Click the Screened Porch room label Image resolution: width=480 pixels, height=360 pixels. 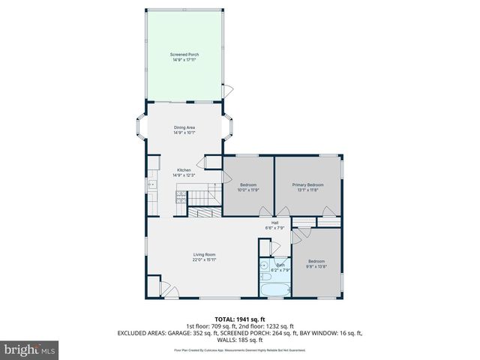tap(184, 55)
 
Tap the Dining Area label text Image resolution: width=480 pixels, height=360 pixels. tap(184, 128)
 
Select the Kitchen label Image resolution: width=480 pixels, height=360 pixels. tap(184, 170)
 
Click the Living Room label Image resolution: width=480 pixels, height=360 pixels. tap(205, 255)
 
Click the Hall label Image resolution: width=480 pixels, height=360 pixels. tap(274, 223)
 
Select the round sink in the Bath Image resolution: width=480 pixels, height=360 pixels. tap(264, 266)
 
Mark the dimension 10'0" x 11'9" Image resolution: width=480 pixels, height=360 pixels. tap(248, 190)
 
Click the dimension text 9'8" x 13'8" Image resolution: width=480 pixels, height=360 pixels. tap(316, 266)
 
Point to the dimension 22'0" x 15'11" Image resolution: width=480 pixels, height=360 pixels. tap(205, 260)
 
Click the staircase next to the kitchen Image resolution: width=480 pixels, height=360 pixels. tap(202, 197)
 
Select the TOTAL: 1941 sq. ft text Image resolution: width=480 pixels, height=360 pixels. tap(239, 319)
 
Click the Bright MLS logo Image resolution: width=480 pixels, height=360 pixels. tap(30, 349)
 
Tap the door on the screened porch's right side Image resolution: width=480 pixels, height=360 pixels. tap(227, 91)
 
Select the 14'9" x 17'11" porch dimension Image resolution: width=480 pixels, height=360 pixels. tap(184, 60)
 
